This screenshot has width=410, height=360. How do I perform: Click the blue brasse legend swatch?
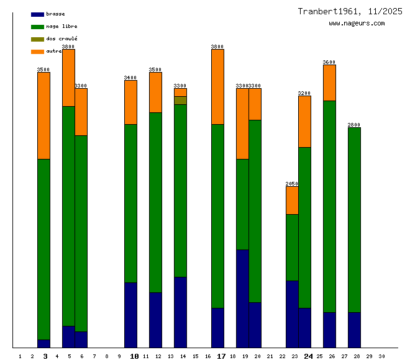tap(37, 14)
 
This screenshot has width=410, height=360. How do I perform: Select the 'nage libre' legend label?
tap(61, 26)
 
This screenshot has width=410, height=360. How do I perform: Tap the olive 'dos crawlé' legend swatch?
tap(37, 39)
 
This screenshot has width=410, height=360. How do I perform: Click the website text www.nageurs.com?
tap(357, 24)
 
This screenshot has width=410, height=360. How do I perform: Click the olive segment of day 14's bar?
tap(180, 100)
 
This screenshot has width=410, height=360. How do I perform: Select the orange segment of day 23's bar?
tap(292, 200)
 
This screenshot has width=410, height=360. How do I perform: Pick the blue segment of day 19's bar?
tap(242, 298)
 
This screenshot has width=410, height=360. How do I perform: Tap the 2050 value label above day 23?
tap(292, 184)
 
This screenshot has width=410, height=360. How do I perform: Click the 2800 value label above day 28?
tap(354, 125)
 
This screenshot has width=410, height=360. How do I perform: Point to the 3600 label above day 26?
tap(329, 62)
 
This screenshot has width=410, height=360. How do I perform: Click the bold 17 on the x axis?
tap(221, 356)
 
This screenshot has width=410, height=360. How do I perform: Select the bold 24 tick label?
tap(308, 356)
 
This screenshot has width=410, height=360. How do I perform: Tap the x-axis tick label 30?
tap(381, 356)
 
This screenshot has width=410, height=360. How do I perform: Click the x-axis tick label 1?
tap(20, 356)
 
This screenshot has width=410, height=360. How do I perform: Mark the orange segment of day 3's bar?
tap(43, 115)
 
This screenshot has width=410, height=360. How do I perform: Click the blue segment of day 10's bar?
tap(130, 315)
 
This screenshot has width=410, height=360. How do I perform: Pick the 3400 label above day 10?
tap(130, 78)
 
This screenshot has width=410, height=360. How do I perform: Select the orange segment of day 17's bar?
tap(217, 86)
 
